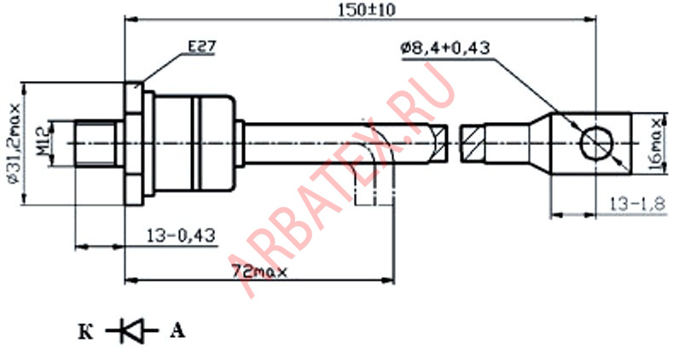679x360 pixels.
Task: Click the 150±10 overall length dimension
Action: pyautogui.click(x=366, y=9)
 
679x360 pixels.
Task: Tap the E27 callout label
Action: pyautogui.click(x=201, y=47)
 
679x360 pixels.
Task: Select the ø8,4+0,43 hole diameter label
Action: pyautogui.click(x=445, y=48)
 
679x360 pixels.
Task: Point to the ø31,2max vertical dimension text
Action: pyautogui.click(x=15, y=143)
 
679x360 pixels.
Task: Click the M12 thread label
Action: pyautogui.click(x=42, y=143)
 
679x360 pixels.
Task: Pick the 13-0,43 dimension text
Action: pyautogui.click(x=181, y=235)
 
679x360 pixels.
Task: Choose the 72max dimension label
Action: pyautogui.click(x=259, y=272)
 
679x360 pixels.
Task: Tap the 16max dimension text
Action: pyautogui.click(x=659, y=144)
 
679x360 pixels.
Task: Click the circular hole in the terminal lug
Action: pyautogui.click(x=597, y=143)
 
